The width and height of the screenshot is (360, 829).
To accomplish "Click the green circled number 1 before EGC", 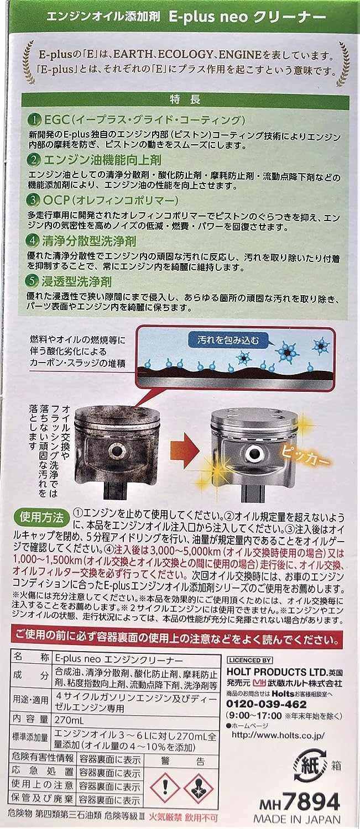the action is click(x=34, y=120).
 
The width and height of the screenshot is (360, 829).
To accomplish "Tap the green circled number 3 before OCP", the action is click(x=34, y=200).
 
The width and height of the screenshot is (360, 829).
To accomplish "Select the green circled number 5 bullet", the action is click(x=33, y=281).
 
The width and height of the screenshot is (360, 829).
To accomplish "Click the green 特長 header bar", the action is click(x=185, y=99).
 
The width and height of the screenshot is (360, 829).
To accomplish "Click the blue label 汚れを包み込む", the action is click(x=228, y=340).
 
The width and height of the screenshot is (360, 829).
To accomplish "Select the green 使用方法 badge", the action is click(x=41, y=517).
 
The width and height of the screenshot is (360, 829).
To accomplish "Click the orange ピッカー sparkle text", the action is click(x=305, y=455).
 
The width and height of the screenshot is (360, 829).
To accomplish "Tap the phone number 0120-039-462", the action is click(x=267, y=704).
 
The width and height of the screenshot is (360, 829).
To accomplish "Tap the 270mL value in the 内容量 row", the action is click(x=69, y=720).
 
